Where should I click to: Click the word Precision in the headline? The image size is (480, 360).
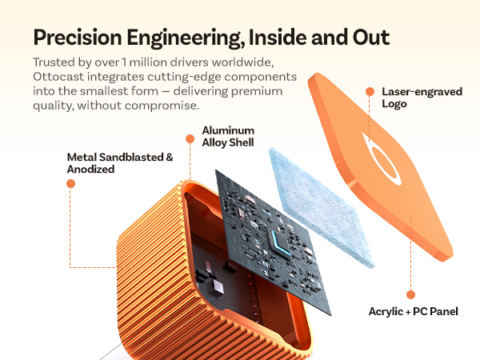[x=78, y=38]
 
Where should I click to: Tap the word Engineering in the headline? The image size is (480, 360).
[x=186, y=38]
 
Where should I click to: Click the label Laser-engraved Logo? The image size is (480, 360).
[x=422, y=98]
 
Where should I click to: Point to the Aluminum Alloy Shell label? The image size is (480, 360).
[x=228, y=137]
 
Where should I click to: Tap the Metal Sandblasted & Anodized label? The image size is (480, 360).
[x=120, y=163]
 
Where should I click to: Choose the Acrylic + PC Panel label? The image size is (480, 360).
[x=414, y=312]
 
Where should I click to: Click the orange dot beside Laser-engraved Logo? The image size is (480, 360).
[x=370, y=91]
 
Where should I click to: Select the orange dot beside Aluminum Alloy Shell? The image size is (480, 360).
[x=190, y=139]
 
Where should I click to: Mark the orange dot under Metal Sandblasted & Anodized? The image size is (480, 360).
[x=70, y=184]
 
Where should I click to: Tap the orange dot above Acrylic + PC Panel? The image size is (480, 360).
[x=411, y=294]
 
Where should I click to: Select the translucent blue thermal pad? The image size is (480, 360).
[x=322, y=208]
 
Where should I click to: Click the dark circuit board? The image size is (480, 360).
[x=273, y=242]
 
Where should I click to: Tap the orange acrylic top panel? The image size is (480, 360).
[x=379, y=166]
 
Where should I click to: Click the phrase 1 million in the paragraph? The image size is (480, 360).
[x=144, y=62]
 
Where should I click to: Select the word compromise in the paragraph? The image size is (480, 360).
[x=162, y=106]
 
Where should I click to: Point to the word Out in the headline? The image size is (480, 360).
[x=371, y=38]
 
